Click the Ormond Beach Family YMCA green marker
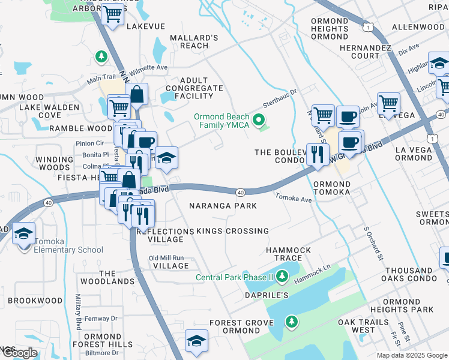[259, 121]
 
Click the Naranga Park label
[223, 206]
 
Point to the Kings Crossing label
[233, 231]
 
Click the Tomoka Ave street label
[294, 197]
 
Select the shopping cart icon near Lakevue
[113, 15]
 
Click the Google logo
[19, 353]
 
